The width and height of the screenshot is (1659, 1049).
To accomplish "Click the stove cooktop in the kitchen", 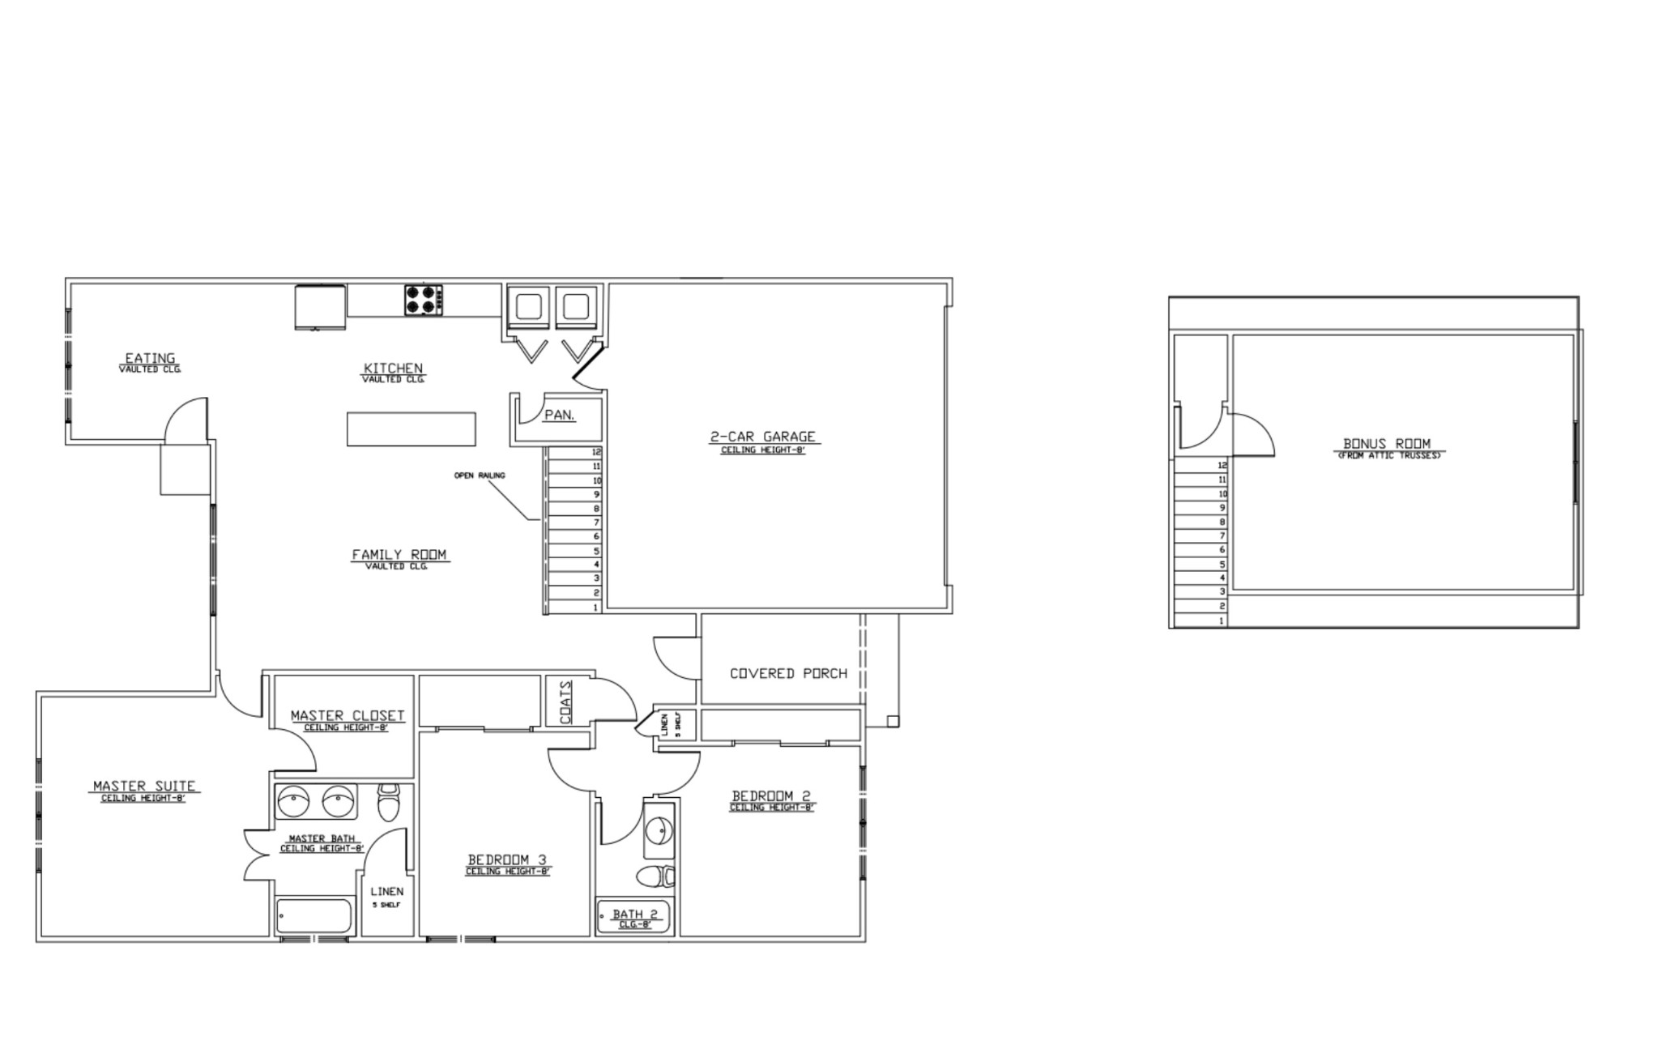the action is tap(424, 300).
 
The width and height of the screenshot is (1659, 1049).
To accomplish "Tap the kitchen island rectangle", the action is tap(412, 429).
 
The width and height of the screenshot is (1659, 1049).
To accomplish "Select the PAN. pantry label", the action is tap(560, 416).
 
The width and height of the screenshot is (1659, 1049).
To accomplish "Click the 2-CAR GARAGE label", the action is tap(763, 437).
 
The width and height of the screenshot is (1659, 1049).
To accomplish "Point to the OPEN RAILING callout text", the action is tap(480, 475).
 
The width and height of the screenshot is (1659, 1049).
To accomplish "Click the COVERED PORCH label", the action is tap(788, 673).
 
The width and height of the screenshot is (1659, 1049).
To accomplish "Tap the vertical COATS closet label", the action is tap(565, 701).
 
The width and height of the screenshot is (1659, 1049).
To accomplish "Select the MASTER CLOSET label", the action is tap(348, 716).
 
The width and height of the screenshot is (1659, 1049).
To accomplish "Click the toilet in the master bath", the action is tap(389, 802).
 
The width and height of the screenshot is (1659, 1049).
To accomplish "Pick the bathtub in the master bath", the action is tap(314, 916).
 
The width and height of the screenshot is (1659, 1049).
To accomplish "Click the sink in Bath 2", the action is tap(659, 829).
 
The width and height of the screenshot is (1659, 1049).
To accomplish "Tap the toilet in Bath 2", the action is tap(656, 876).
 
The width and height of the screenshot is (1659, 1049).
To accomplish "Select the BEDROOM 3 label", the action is tap(508, 860).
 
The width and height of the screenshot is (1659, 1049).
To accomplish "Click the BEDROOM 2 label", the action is tap(771, 796).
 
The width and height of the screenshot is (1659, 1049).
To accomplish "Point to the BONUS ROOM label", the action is tap(1387, 444).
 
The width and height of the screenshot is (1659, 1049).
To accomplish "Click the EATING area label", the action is tap(150, 358).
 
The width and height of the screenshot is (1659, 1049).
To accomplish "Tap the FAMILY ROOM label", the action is tap(399, 555).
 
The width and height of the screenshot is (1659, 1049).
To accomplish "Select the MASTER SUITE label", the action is tap(144, 786).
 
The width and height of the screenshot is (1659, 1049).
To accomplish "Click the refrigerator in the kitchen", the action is tap(321, 307).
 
